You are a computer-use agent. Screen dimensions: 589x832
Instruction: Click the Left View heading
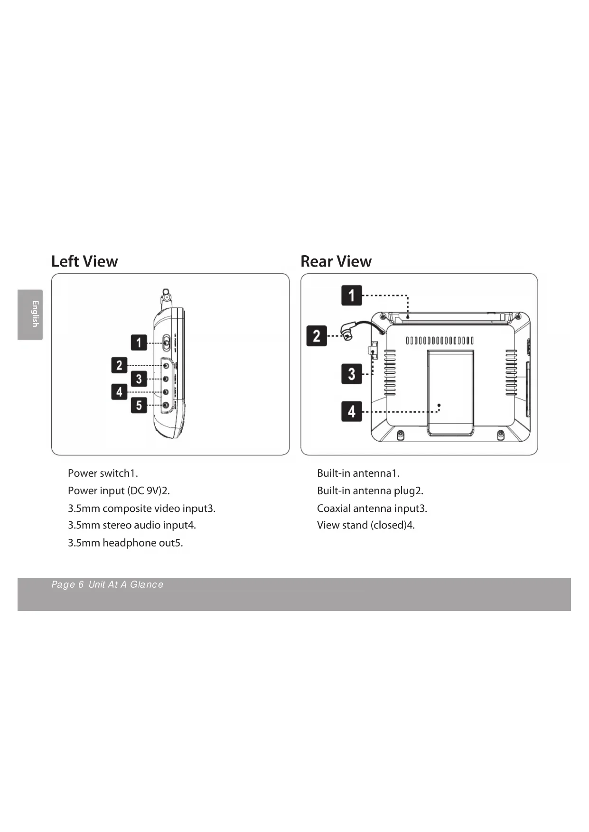pyautogui.click(x=84, y=261)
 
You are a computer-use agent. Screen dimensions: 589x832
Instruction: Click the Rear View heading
pyautogui.click(x=336, y=261)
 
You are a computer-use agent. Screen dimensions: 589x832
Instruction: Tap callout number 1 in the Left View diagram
pyautogui.click(x=139, y=342)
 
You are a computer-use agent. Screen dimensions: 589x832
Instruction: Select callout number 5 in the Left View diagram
pyautogui.click(x=139, y=405)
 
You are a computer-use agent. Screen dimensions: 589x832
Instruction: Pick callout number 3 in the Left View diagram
pyautogui.click(x=139, y=379)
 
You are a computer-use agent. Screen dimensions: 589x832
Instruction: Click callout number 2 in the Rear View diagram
pyautogui.click(x=317, y=336)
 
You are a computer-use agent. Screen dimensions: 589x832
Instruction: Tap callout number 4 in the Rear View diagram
pyautogui.click(x=351, y=411)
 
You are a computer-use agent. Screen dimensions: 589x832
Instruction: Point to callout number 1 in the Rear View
pyautogui.click(x=351, y=295)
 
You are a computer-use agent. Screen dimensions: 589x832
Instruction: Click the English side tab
pyautogui.click(x=30, y=314)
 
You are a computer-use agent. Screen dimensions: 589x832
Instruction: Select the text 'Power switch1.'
pyautogui.click(x=103, y=473)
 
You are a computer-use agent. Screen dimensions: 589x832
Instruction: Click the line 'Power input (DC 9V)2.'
pyautogui.click(x=119, y=490)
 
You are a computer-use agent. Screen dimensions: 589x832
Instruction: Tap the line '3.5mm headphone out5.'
pyautogui.click(x=125, y=543)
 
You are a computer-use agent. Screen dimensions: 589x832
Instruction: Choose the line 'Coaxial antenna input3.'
pyautogui.click(x=372, y=508)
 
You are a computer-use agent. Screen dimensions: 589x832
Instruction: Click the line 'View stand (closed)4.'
pyautogui.click(x=365, y=525)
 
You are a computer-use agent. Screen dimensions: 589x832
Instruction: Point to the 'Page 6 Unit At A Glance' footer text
pyautogui.click(x=107, y=584)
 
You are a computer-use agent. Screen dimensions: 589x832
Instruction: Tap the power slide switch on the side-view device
pyautogui.click(x=167, y=342)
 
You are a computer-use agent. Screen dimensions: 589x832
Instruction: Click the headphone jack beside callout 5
pyautogui.click(x=166, y=405)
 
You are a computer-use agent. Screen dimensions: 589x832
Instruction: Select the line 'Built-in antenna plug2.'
pyautogui.click(x=370, y=490)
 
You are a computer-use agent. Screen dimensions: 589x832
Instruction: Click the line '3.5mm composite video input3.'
pyautogui.click(x=141, y=508)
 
